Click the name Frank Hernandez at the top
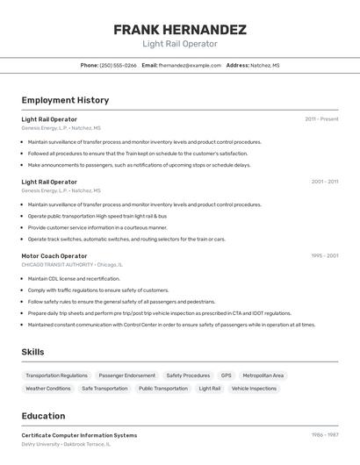[180, 29]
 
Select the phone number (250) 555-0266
[118, 65]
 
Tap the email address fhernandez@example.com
[190, 65]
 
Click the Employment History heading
[65, 100]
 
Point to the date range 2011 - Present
[321, 119]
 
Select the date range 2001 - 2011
[324, 182]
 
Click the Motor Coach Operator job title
[54, 256]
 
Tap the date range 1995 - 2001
[324, 256]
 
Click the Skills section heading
[32, 352]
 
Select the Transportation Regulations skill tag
[56, 376]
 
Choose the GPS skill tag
[227, 376]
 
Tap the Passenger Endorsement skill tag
[127, 376]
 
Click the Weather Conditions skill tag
[48, 388]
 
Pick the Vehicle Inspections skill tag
[254, 388]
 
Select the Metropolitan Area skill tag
[263, 376]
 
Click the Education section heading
[43, 416]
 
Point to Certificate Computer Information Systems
[79, 435]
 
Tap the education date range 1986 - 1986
[324, 435]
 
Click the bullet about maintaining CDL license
[74, 279]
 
